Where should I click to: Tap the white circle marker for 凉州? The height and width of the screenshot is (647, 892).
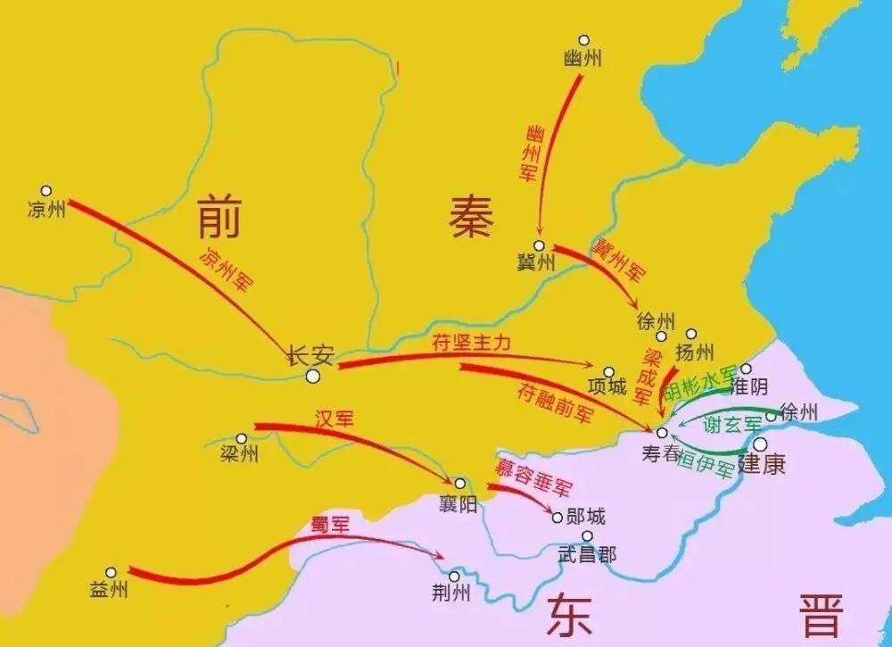46,191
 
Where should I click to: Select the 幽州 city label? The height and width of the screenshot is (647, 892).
583,59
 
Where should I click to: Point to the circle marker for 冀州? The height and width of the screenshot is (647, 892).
539,245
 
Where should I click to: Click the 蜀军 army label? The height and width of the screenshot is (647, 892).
329,522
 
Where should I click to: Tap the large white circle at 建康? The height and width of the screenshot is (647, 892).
760,444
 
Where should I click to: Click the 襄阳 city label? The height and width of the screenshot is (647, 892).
457,505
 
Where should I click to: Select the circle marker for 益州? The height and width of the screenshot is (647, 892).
111,573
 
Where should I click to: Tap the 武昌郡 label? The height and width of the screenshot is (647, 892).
586,554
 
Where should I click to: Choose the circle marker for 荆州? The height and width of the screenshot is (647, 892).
454,576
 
